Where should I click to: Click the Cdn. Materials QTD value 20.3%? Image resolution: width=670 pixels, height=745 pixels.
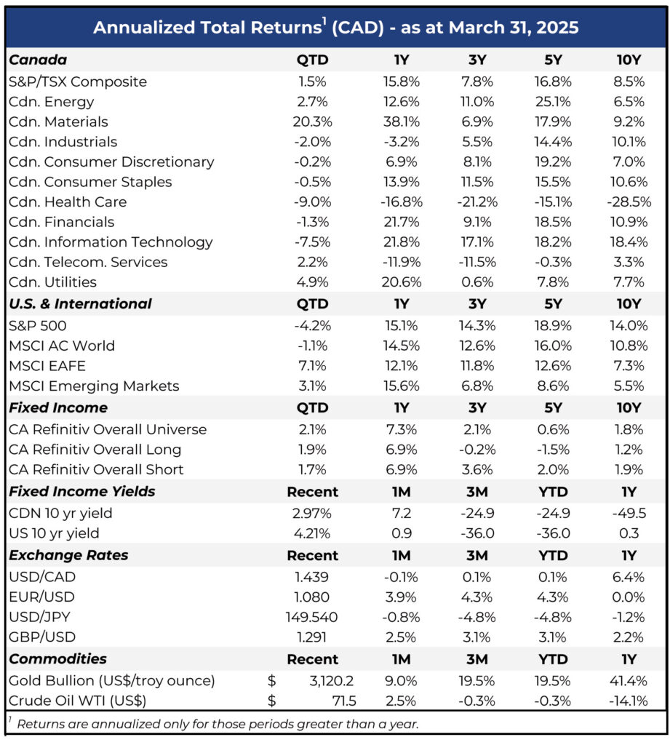(312, 121)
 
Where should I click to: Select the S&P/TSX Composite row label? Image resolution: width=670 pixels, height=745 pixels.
(78, 81)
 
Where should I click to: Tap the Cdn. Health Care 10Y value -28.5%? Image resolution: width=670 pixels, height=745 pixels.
(629, 202)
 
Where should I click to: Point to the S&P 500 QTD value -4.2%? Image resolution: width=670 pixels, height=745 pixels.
(312, 326)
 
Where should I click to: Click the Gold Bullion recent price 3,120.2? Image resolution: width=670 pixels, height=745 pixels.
(331, 681)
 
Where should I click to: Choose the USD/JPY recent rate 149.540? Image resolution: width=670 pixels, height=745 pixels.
(311, 617)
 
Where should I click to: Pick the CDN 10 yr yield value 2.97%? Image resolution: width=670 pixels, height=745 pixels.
(311, 513)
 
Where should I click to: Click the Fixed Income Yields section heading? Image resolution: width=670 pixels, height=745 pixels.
(82, 491)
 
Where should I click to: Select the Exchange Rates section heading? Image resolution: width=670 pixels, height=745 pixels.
(68, 555)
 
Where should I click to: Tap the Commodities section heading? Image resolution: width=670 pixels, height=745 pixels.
(58, 659)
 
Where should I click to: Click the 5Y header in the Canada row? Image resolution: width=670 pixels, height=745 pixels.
(553, 60)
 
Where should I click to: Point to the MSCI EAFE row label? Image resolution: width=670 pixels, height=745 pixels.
(47, 366)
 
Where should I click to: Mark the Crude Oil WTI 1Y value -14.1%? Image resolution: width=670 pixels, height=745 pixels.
(629, 701)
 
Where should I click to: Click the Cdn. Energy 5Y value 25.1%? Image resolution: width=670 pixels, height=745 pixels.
(553, 102)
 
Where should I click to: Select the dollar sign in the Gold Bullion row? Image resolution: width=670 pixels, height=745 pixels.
(272, 681)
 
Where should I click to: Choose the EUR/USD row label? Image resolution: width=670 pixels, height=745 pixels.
(41, 597)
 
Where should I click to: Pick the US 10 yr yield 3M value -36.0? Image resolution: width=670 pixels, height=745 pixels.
(477, 533)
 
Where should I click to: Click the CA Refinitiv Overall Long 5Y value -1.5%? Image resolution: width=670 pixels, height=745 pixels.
(553, 450)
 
